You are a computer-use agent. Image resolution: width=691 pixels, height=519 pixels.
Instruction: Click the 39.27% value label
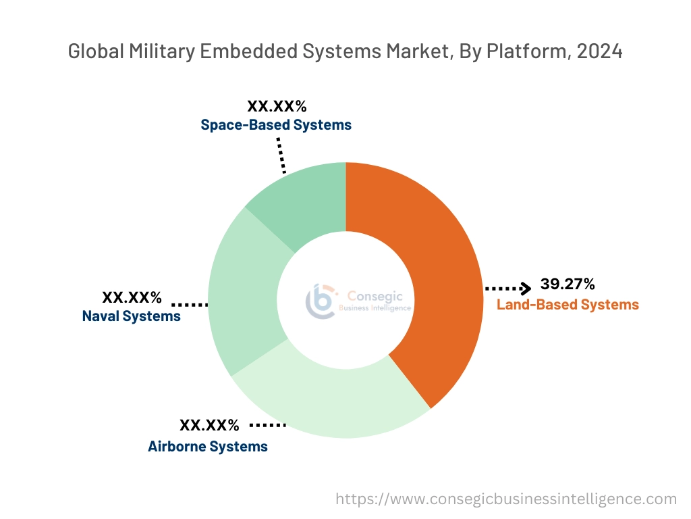pos(568,284)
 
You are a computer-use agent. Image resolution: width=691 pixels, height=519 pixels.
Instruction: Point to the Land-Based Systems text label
pos(568,305)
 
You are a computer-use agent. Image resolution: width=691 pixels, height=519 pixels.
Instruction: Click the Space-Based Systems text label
pos(276,125)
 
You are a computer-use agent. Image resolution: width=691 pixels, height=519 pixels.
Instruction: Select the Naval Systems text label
pos(132,316)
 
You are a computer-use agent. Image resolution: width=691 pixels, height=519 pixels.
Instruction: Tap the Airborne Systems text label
pos(208,447)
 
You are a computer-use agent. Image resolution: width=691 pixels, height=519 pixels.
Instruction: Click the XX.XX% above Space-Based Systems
pos(277,106)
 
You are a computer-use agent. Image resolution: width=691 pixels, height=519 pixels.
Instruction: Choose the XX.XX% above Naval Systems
pos(132,297)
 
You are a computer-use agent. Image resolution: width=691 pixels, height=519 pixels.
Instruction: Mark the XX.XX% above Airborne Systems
pos(209,426)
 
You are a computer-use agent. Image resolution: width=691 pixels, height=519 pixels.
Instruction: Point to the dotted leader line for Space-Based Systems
pos(281,155)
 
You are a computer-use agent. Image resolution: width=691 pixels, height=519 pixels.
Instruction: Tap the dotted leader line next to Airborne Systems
pos(268,426)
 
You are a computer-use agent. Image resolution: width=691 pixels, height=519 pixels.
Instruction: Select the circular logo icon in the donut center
pos(321,300)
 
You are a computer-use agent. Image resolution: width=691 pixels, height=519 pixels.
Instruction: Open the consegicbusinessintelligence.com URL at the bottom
pos(506,499)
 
